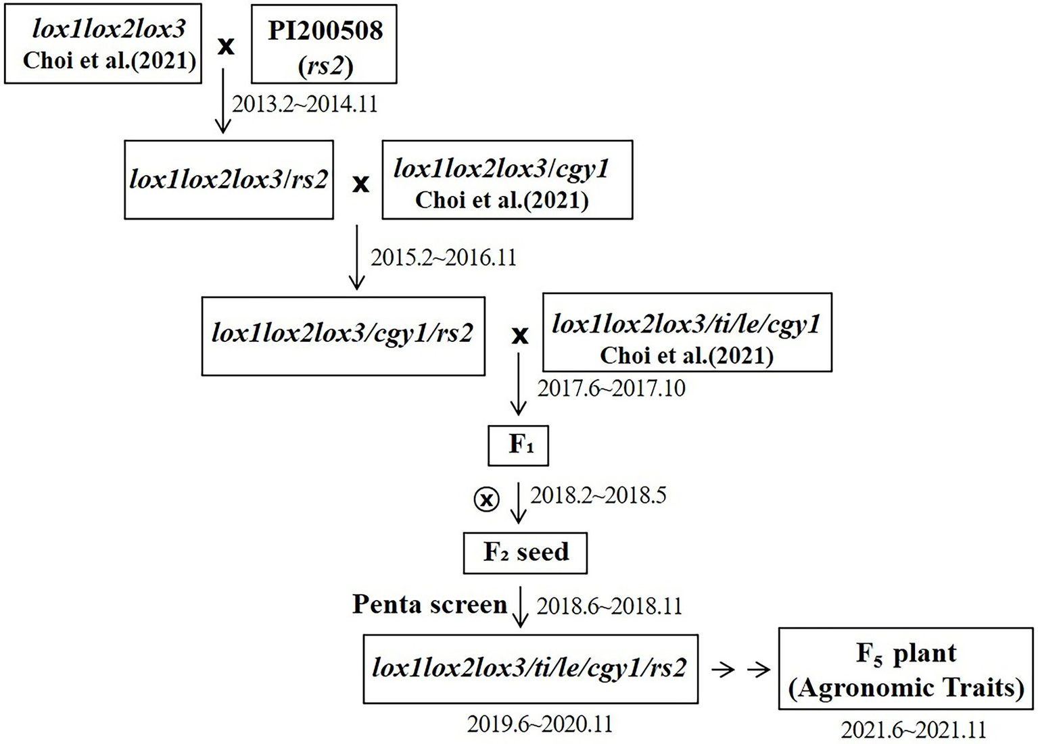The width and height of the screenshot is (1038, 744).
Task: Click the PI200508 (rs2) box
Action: (x=324, y=45)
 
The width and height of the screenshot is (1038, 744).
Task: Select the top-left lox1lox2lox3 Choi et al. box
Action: (x=103, y=45)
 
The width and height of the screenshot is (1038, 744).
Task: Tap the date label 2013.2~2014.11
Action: (x=304, y=104)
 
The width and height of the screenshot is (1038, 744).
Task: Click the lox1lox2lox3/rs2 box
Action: (x=229, y=180)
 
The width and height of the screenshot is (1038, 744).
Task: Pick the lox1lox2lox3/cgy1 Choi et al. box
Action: (x=507, y=180)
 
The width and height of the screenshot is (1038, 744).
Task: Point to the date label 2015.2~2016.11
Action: (x=443, y=257)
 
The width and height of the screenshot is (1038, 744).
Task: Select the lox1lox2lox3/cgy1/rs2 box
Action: (x=343, y=336)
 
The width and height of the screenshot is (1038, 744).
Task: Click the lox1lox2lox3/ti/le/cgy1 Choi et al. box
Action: (x=687, y=332)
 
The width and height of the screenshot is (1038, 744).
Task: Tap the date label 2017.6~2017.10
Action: (x=611, y=389)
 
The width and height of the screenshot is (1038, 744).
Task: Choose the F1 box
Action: (x=518, y=445)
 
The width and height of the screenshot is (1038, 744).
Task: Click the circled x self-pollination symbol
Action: (x=486, y=499)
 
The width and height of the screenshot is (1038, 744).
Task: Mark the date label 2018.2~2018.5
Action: (x=598, y=495)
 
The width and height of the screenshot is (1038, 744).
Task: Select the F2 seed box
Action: (x=525, y=553)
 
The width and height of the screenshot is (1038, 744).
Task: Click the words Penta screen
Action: (x=429, y=604)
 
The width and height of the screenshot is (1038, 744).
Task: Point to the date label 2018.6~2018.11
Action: (x=609, y=606)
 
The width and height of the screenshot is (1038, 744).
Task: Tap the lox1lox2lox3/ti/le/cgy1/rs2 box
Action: (x=530, y=668)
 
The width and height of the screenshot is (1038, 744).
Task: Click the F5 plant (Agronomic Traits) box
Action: (x=906, y=668)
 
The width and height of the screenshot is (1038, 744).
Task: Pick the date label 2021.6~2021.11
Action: (x=913, y=730)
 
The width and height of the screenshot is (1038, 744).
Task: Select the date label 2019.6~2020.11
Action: (x=539, y=724)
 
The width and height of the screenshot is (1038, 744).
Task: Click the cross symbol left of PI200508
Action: (x=226, y=46)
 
